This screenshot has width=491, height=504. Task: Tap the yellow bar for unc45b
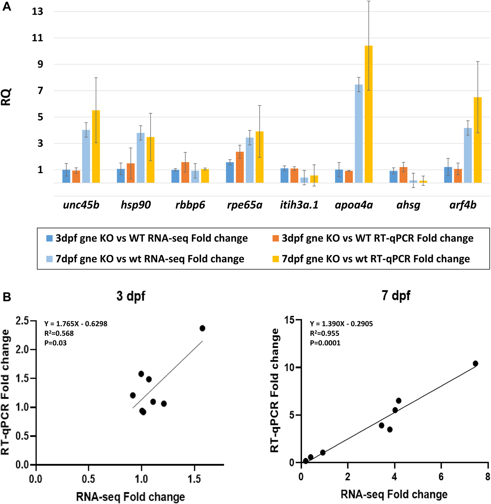tap(96, 146)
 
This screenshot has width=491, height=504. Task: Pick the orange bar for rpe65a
tap(240, 167)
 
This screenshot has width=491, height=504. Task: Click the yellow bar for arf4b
tap(478, 140)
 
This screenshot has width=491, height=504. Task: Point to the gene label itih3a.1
tap(299, 205)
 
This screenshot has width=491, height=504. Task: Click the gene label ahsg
tap(408, 205)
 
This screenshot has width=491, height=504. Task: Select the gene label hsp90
tap(135, 205)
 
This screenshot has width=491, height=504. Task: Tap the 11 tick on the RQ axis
tap(38, 38)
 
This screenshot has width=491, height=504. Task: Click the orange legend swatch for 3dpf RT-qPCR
tap(275, 238)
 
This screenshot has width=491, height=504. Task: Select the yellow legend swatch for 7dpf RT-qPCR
tap(275, 259)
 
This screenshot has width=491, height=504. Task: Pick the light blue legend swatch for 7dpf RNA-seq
tap(49, 259)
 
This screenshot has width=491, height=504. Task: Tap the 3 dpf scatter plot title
tap(131, 296)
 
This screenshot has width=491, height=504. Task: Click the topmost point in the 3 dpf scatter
tap(202, 328)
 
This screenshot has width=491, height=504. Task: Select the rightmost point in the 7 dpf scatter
tap(475, 363)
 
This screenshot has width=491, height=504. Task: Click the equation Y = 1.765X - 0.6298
tap(76, 323)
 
